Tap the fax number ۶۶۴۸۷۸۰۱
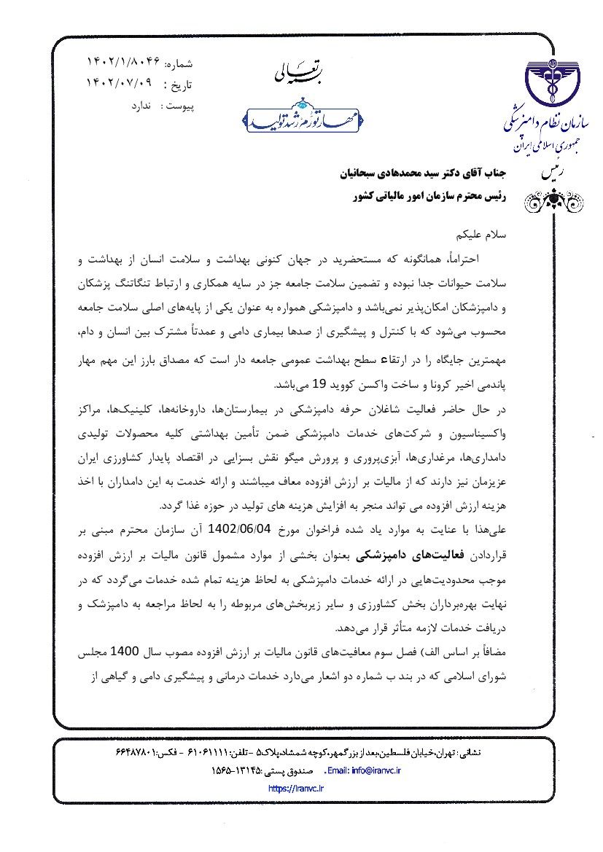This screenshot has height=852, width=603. pyautogui.click(x=141, y=751)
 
